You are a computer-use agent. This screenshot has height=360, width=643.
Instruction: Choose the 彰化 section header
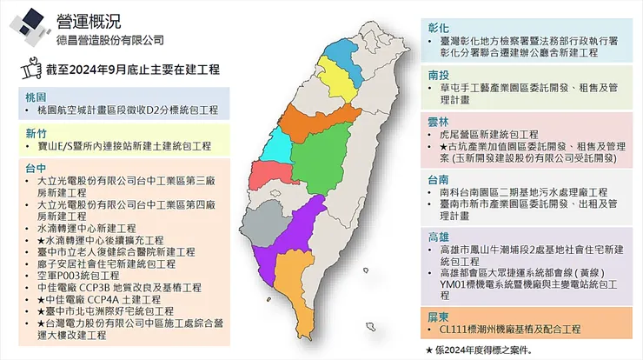click(x=439, y=27)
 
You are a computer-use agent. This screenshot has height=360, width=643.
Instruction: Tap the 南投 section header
click(x=439, y=74)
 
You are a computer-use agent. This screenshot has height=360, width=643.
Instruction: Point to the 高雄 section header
click(x=439, y=237)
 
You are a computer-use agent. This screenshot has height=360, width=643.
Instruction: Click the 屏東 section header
click(x=439, y=315)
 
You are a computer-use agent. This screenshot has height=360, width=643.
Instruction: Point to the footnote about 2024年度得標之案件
click(x=478, y=349)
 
